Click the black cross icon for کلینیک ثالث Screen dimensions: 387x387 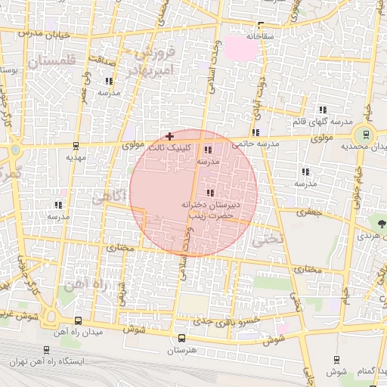point(169,136)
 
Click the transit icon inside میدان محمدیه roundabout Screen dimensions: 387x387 point(367,135)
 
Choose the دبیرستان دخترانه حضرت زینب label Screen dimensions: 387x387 point(209,210)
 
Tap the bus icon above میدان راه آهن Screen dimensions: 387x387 point(79,320)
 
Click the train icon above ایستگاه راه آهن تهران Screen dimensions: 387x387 point(48,351)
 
